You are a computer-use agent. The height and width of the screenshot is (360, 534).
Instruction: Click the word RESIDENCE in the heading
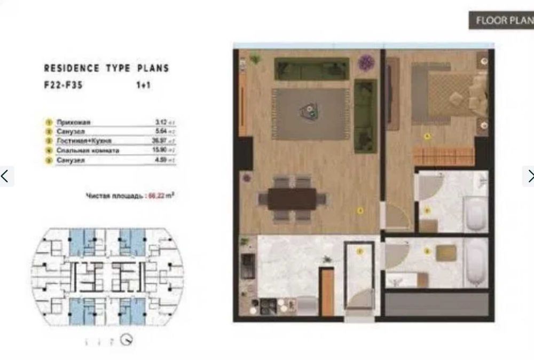point(71,68)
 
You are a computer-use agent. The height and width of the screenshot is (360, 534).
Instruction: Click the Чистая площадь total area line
point(131,196)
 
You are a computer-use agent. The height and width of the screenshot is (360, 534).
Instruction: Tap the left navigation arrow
point(5,176)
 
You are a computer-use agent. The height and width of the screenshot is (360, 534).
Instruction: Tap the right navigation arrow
point(529,176)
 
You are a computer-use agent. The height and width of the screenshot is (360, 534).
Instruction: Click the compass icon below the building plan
point(126,339)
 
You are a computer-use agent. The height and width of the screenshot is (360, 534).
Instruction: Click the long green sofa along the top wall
point(311,68)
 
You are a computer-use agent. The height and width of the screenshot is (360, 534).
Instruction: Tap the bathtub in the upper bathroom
point(475,213)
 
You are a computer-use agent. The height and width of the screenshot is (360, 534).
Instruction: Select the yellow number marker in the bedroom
point(427,136)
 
